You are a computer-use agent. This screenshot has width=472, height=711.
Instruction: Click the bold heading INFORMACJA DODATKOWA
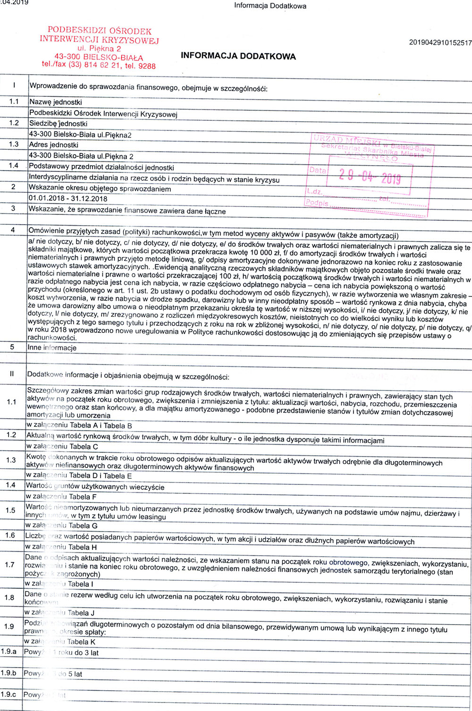point(238,56)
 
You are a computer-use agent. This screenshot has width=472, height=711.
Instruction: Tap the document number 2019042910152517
point(440,43)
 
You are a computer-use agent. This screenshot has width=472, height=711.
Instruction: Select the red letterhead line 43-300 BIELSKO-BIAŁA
point(99,57)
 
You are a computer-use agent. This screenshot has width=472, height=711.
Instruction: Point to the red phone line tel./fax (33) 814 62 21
point(99,66)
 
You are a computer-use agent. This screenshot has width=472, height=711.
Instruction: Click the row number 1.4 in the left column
point(14,166)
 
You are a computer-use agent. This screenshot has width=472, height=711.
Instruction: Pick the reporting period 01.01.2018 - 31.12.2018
point(67,199)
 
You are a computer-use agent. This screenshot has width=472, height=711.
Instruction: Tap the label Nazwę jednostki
point(56,102)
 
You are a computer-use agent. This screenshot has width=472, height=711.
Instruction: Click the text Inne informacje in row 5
point(52,348)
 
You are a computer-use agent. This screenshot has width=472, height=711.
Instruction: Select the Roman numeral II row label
point(12,374)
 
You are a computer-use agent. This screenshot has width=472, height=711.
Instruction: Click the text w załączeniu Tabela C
point(62,447)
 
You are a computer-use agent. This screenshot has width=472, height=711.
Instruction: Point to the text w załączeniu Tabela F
point(61,497)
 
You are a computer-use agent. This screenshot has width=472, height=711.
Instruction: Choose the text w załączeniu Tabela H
point(61,547)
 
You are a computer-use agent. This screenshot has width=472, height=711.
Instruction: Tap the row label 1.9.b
point(8,673)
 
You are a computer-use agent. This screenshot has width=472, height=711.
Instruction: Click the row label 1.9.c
point(8,694)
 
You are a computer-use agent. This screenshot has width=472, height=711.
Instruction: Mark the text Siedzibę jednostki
point(58,124)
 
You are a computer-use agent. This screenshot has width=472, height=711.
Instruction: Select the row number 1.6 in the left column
point(10,535)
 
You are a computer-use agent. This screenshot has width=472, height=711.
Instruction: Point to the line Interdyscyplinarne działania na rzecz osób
point(154,179)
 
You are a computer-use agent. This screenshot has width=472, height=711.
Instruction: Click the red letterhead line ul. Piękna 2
point(99,49)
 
